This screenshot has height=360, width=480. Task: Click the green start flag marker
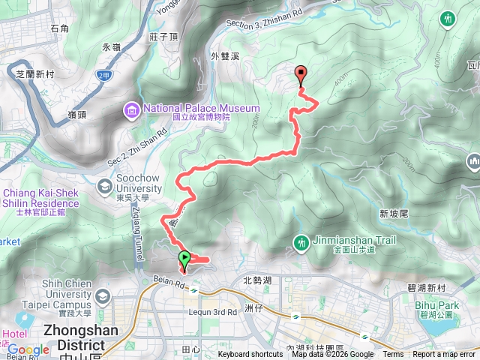click(x=184, y=261)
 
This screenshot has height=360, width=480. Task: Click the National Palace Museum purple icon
click(x=132, y=111)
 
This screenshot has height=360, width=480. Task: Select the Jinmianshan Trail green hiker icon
click(x=301, y=241)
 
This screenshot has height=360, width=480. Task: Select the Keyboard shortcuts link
click(x=250, y=355)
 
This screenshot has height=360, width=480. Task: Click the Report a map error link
click(x=443, y=355)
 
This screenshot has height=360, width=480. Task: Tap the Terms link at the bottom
click(x=393, y=355)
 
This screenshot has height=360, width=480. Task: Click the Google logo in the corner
click(x=28, y=350)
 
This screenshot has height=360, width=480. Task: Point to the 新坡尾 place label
click(x=393, y=214)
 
